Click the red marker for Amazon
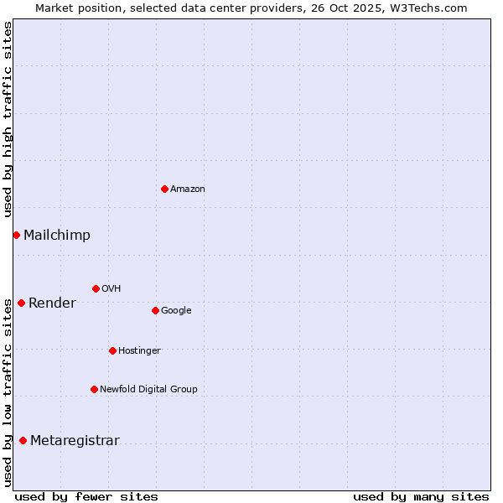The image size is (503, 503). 164,189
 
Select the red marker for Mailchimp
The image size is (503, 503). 16,235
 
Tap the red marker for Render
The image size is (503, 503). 21,303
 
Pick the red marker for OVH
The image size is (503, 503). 96,288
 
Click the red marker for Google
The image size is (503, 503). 155,310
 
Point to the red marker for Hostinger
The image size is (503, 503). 112,350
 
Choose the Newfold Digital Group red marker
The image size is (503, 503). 94,389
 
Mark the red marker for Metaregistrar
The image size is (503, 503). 23,440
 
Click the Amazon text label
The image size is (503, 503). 188,189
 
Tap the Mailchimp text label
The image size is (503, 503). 57,236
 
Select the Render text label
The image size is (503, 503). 52,303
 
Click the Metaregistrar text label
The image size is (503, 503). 75,441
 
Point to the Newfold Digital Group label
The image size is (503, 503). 148,389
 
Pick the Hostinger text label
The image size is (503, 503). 139,350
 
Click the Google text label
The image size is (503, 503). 176,311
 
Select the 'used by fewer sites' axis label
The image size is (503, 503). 86,496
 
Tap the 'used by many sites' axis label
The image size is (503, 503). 421,496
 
